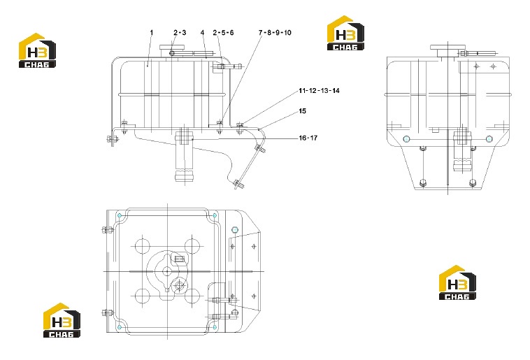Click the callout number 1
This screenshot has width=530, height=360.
click(x=152, y=32)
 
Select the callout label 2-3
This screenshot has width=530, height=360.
click(x=180, y=32)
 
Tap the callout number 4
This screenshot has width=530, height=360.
click(x=203, y=32)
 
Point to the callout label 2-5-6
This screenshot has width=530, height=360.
click(x=224, y=32)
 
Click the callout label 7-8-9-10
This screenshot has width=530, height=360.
click(x=275, y=32)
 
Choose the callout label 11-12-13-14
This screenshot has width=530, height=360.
click(x=319, y=91)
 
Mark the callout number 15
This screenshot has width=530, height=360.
click(x=303, y=111)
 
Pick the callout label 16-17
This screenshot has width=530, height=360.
click(x=308, y=138)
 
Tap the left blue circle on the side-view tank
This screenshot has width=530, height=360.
click(x=407, y=138)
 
